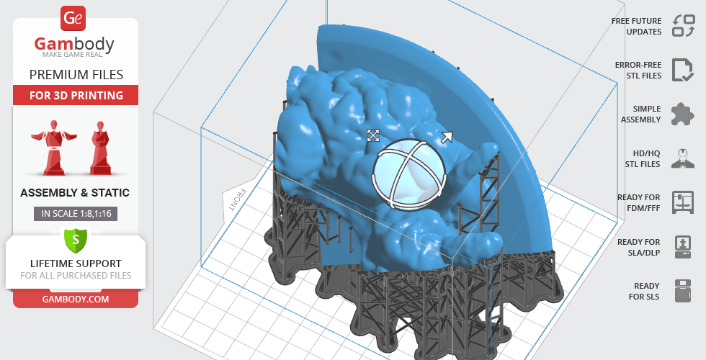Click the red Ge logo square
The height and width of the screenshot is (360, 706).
[x=73, y=19]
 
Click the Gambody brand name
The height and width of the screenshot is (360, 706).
[x=74, y=44]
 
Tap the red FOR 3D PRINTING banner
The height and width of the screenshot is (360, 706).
[x=76, y=95]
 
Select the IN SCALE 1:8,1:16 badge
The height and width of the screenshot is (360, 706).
[x=76, y=214]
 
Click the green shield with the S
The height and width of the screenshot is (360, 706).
[x=76, y=240]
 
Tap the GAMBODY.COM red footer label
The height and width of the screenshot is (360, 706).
[x=76, y=300]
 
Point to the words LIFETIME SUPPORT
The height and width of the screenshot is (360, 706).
[x=76, y=264]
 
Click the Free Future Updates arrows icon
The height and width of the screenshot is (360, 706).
[x=684, y=26]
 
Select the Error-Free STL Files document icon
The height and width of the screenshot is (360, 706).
[x=683, y=70]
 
